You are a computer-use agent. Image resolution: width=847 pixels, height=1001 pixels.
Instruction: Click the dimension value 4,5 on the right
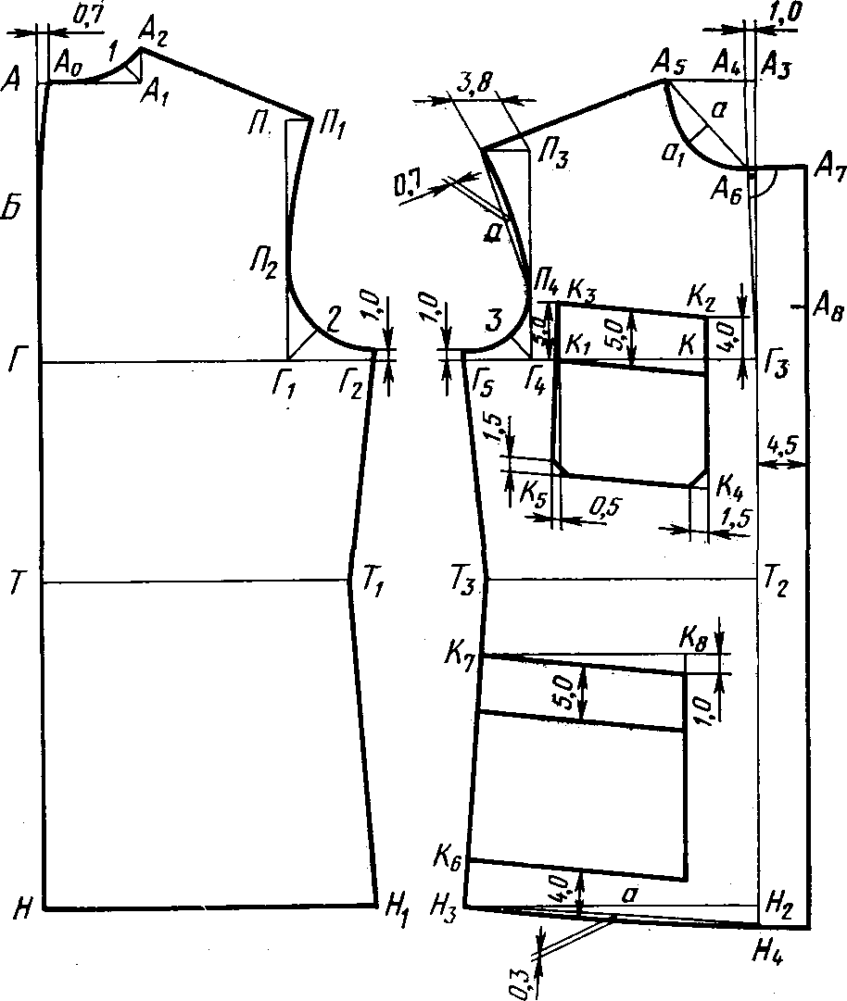[x=784, y=446]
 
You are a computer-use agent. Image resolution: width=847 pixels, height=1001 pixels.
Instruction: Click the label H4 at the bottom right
[x=775, y=948]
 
